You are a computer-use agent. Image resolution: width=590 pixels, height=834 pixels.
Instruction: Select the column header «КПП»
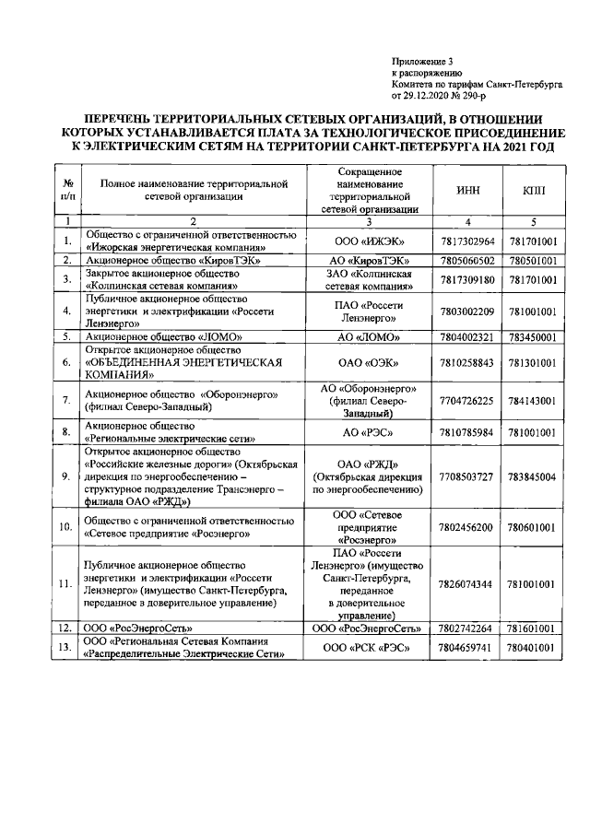(533, 190)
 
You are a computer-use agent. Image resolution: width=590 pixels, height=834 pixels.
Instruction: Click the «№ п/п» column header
(67, 190)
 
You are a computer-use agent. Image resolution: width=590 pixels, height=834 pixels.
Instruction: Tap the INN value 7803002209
(467, 311)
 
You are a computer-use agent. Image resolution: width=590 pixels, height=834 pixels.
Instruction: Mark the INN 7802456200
(467, 527)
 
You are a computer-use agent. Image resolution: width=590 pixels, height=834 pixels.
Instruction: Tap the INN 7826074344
(467, 584)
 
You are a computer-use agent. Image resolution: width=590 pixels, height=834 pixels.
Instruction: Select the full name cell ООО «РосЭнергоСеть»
(143, 628)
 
